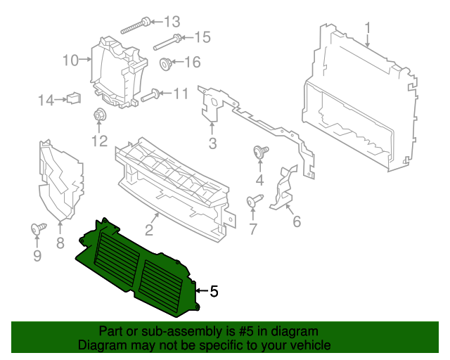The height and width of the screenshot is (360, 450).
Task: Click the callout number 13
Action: pyautogui.click(x=172, y=20)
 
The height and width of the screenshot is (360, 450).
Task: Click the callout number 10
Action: pyautogui.click(x=70, y=60)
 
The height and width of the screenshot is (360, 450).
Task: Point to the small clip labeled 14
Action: pyautogui.click(x=71, y=98)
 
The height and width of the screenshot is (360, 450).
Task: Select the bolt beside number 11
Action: pyautogui.click(x=151, y=96)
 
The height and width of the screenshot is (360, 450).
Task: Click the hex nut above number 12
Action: pyautogui.click(x=98, y=116)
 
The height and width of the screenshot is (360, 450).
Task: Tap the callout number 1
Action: pyautogui.click(x=367, y=28)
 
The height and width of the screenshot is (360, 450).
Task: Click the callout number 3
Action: pyautogui.click(x=212, y=145)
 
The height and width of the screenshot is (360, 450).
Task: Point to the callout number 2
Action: pyautogui.click(x=149, y=230)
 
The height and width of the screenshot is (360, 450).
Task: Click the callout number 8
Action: pyautogui.click(x=60, y=243)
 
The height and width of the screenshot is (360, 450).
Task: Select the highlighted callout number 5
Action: pyautogui.click(x=214, y=290)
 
